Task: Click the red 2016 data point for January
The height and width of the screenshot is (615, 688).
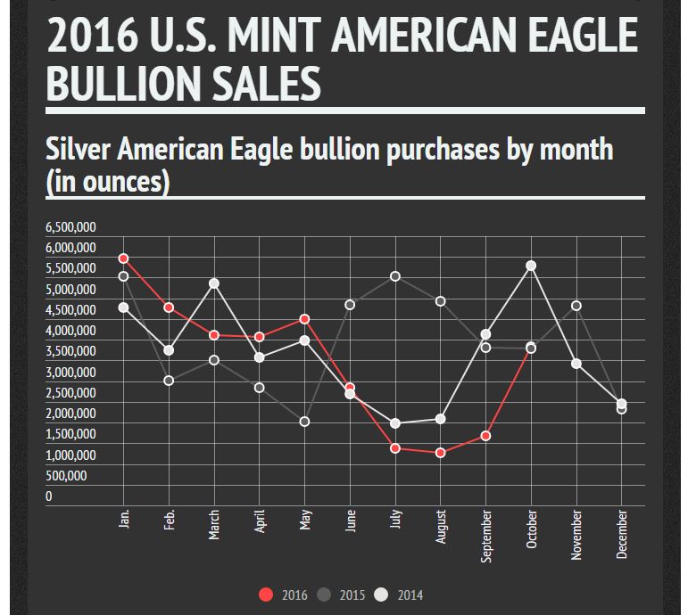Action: click(x=124, y=258)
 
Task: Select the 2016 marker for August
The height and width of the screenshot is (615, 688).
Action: click(x=441, y=453)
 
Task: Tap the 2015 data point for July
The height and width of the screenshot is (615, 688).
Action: click(x=395, y=276)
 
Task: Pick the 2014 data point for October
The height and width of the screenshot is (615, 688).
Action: click(x=531, y=266)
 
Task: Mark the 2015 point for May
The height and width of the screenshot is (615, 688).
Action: click(x=304, y=422)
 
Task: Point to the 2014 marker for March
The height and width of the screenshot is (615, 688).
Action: click(x=214, y=283)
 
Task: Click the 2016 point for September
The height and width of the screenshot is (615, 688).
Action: click(x=486, y=436)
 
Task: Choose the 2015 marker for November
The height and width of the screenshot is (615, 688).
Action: click(x=576, y=306)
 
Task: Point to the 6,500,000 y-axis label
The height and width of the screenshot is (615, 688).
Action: click(x=70, y=226)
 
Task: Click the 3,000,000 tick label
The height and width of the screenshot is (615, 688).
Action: click(x=70, y=373)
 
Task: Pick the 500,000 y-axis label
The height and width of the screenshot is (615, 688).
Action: click(x=67, y=476)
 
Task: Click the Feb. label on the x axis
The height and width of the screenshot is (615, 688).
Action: click(x=170, y=521)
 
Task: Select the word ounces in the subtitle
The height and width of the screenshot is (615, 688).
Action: click(x=128, y=181)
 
